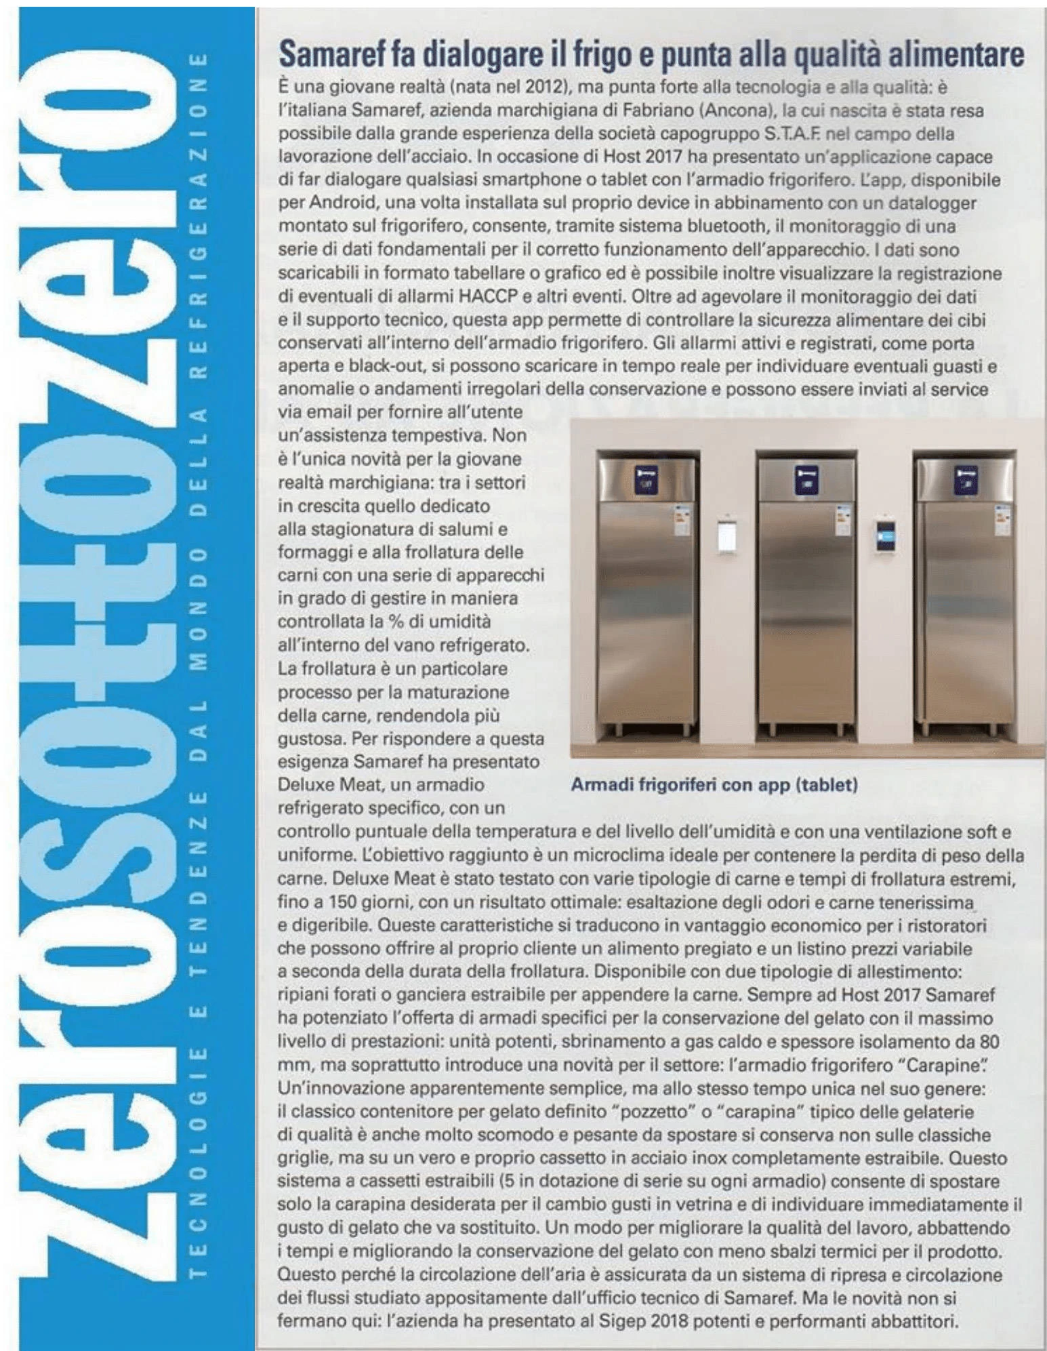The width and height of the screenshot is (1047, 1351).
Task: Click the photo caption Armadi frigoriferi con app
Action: pyautogui.click(x=714, y=786)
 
